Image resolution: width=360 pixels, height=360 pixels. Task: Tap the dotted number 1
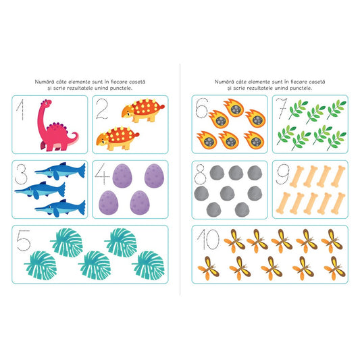(21, 109)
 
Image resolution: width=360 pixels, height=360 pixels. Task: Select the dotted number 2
(102, 109)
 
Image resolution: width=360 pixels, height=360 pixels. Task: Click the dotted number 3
(21, 174)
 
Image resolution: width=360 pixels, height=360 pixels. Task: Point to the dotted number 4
(103, 174)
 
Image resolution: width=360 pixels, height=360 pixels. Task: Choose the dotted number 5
(24, 240)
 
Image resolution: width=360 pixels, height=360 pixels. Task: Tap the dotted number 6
(201, 108)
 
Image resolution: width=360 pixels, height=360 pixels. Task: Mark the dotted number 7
(282, 108)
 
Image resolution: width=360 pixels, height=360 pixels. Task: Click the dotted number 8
(200, 174)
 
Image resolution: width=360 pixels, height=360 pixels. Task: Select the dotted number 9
(282, 174)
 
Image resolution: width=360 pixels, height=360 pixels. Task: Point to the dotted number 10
(208, 239)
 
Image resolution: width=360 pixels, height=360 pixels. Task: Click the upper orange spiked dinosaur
(143, 110)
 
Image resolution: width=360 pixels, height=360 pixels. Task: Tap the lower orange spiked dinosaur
(118, 138)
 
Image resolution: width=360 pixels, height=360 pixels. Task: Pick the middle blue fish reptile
(40, 190)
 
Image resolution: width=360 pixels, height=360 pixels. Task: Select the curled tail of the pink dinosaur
(74, 138)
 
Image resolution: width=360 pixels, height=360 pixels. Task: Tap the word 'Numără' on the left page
(45, 82)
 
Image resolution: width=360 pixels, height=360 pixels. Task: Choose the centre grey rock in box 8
(228, 193)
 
